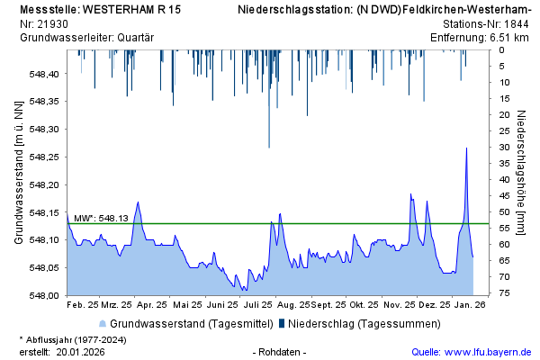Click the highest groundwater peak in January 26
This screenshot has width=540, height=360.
(466, 148)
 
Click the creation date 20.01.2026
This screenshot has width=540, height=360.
(81, 352)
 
